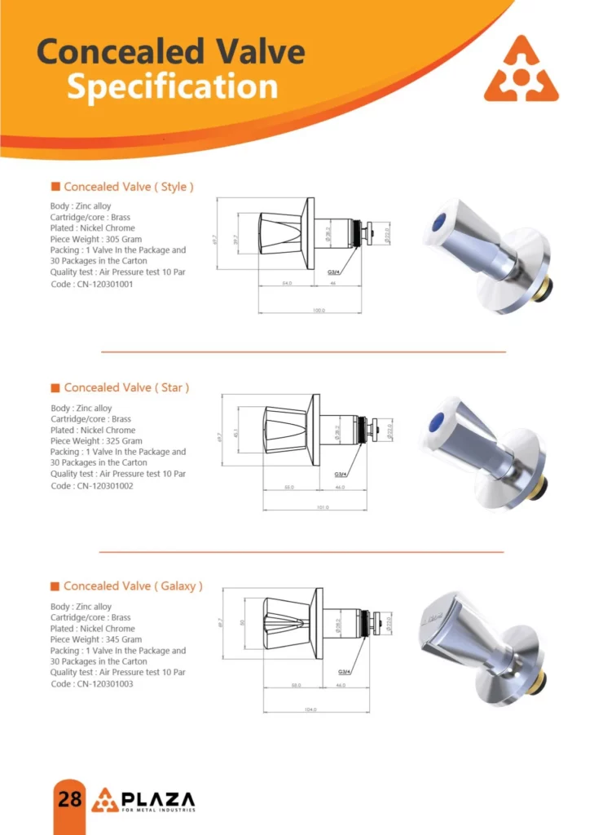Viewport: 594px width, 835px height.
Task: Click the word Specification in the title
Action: coord(172,86)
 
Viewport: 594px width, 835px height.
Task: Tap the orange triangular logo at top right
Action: coord(521,70)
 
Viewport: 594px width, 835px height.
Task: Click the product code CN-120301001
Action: coord(91,284)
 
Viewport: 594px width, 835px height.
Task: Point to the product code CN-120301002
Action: coord(91,485)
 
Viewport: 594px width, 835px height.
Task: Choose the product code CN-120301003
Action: coord(91,684)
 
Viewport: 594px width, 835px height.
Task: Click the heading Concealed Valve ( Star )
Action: coord(126,387)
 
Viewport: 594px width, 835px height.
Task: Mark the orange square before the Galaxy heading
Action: coord(55,586)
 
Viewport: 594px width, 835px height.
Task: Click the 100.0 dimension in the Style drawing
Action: coord(319,311)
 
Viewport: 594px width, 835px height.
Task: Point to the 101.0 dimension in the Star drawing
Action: coord(323,508)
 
